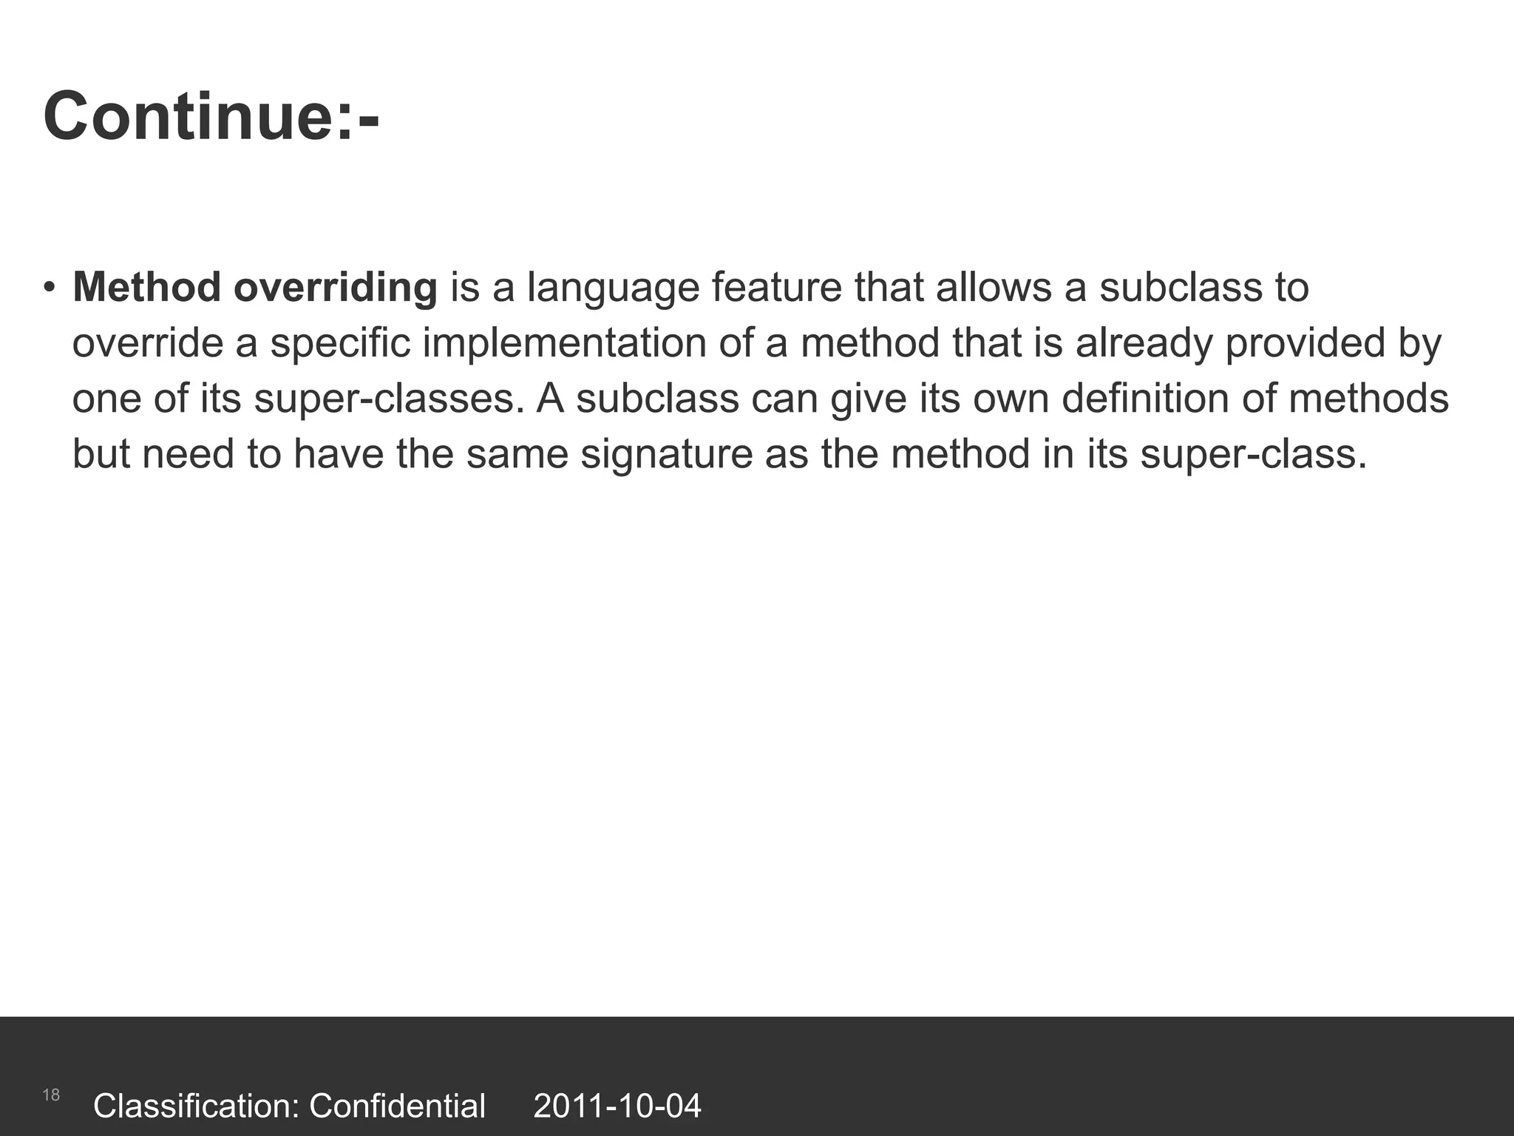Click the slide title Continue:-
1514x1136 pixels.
pos(211,117)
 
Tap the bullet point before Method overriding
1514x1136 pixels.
pos(49,287)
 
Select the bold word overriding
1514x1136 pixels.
pos(336,288)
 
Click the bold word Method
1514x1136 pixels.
pos(146,287)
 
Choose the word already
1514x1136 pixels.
pos(1144,344)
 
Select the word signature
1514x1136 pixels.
pos(666,454)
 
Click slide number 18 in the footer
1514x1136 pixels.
pos(51,1095)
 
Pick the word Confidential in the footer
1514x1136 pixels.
pos(397,1106)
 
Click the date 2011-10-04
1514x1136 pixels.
pos(617,1106)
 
